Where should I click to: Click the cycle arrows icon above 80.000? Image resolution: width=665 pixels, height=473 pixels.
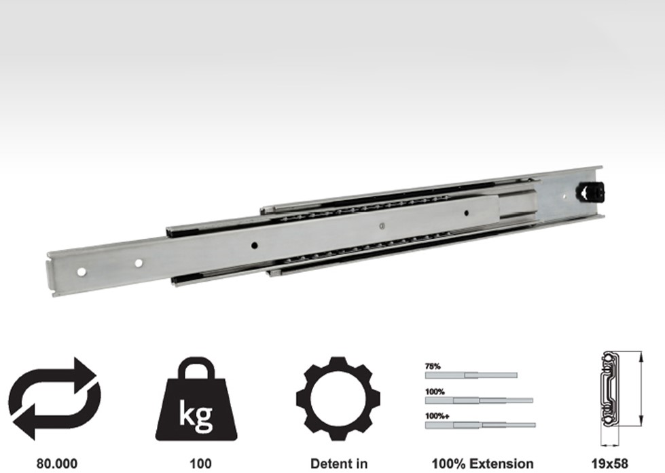tap(55, 398)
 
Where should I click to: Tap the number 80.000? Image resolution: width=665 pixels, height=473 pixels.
tap(57, 463)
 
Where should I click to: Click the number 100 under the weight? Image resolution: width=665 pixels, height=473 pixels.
tap(200, 463)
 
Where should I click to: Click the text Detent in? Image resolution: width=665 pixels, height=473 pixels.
tap(338, 463)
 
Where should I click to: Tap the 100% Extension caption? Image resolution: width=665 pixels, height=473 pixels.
tap(482, 463)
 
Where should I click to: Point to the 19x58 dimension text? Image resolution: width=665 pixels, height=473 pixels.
tap(609, 463)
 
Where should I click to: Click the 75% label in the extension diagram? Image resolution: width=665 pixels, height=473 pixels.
tap(433, 366)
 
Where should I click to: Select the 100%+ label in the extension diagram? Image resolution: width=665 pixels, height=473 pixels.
tap(437, 416)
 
